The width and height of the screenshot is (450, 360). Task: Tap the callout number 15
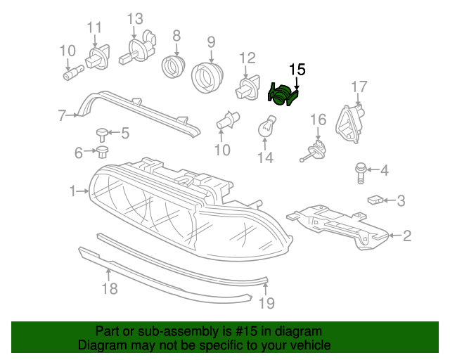pyautogui.click(x=297, y=69)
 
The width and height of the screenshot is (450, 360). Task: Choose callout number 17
pyautogui.click(x=359, y=86)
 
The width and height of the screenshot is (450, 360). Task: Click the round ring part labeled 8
pyautogui.click(x=173, y=67)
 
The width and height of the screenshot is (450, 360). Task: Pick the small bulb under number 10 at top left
pyautogui.click(x=72, y=70)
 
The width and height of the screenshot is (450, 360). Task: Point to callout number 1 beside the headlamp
pyautogui.click(x=72, y=191)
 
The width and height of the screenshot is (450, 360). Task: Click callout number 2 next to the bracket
pyautogui.click(x=406, y=236)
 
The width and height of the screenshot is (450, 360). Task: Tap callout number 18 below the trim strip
pyautogui.click(x=109, y=288)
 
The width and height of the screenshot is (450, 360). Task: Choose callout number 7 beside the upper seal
pyautogui.click(x=62, y=115)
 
